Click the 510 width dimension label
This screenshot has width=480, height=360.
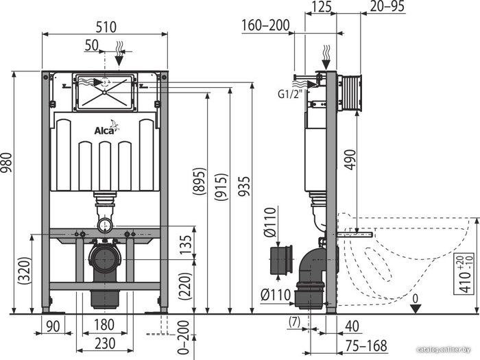click(106, 27)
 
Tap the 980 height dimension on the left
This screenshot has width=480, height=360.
click(7, 163)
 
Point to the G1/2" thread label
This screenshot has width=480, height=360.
click(289, 94)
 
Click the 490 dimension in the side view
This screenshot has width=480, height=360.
click(350, 159)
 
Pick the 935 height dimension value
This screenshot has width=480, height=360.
click(244, 186)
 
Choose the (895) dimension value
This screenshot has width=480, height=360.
click(200, 181)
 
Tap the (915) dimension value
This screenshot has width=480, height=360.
click(221, 187)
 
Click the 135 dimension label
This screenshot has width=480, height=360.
click(185, 244)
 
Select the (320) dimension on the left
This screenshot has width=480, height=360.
click(25, 270)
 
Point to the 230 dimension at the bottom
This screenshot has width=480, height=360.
click(105, 343)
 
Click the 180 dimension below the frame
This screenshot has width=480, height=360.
click(104, 325)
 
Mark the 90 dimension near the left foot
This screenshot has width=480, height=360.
click(53, 326)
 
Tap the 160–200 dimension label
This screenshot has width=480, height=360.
click(265, 25)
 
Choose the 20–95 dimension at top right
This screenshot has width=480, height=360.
click(387, 6)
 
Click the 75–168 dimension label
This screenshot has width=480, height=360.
click(366, 346)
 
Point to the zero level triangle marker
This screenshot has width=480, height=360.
click(415, 309)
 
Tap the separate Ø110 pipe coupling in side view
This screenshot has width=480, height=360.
click(282, 260)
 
